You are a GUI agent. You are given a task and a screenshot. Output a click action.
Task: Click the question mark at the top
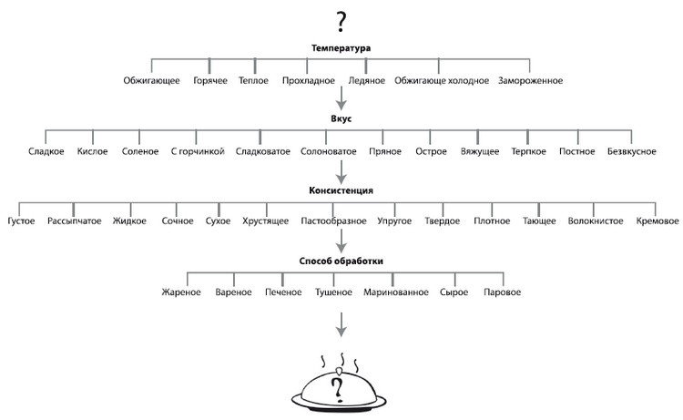pos(341,21)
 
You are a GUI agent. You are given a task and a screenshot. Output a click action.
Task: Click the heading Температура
pos(341,48)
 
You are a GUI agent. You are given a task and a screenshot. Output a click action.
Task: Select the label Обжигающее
pos(151,81)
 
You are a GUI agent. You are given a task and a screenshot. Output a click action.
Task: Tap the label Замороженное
pos(531,81)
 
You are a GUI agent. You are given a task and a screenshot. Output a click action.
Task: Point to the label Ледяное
pos(366,81)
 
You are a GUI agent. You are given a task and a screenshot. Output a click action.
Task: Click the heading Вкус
pos(341,118)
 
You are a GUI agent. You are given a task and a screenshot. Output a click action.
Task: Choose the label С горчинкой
pos(198,151)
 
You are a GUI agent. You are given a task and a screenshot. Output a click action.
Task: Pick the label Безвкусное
pos(631,151)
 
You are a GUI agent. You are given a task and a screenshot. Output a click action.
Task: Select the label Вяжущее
pos(480,151)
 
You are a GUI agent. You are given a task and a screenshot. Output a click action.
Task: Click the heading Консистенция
pos(341,190)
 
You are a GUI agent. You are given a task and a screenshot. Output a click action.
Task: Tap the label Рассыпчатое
pos(75,221)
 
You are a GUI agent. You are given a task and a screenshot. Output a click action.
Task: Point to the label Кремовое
pos(658,221)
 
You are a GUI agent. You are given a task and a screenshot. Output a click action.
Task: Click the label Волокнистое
pos(594,221)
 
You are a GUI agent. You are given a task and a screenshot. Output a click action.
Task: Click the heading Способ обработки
pos(341,261)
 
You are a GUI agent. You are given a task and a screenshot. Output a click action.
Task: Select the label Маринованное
pos(395,292)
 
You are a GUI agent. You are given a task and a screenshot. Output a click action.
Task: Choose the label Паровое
pos(503,292)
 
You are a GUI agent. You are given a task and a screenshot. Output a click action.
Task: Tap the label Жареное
pos(181,292)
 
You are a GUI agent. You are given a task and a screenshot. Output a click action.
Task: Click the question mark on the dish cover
pos(338,389)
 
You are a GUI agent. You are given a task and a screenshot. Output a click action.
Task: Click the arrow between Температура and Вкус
pos(341,97)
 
